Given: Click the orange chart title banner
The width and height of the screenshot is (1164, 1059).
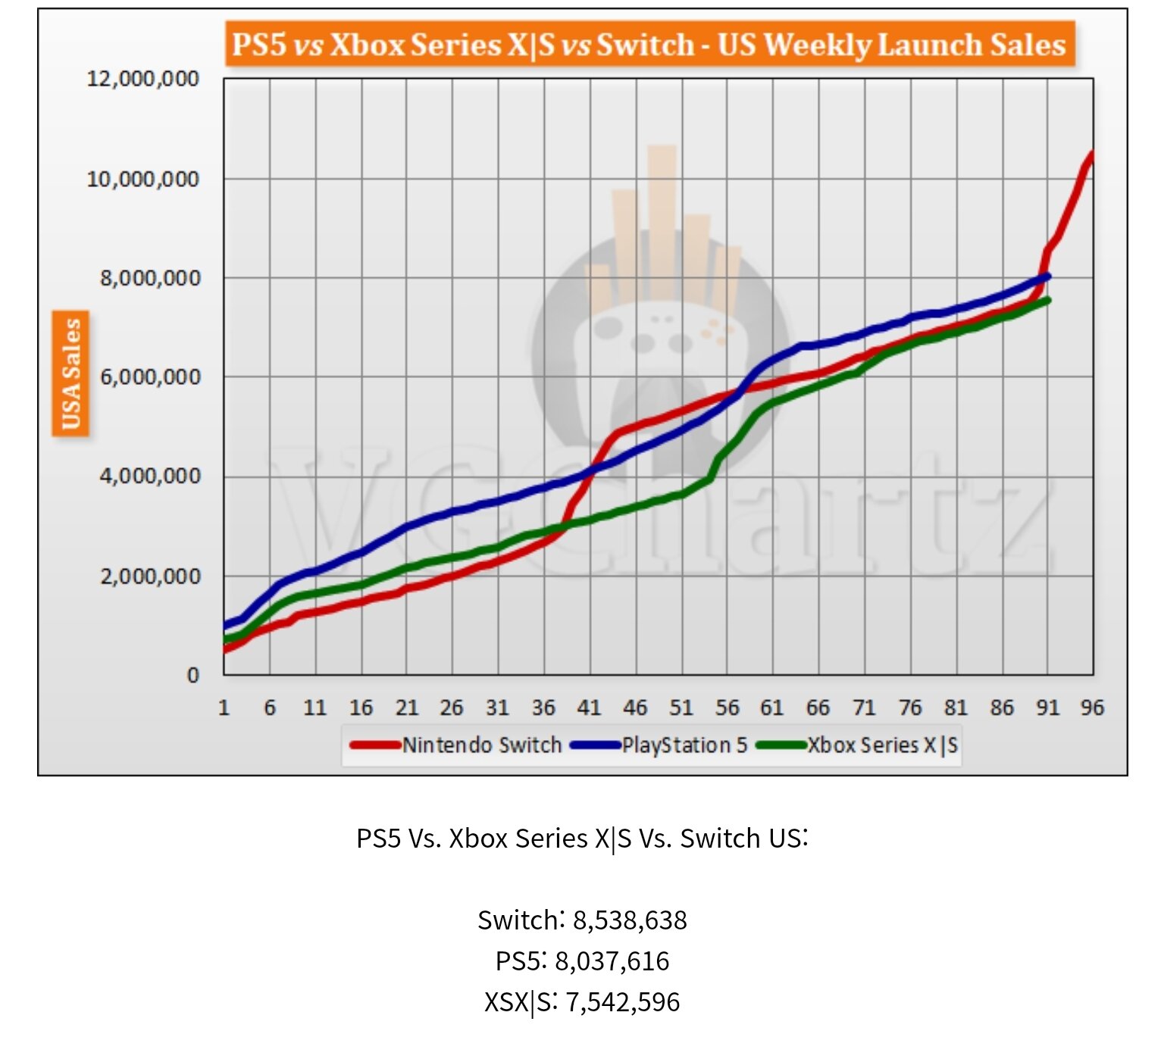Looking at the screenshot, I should (x=649, y=44).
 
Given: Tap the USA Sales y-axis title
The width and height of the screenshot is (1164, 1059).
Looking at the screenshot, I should (x=70, y=374).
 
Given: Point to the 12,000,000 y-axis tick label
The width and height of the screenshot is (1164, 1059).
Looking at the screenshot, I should (x=142, y=79).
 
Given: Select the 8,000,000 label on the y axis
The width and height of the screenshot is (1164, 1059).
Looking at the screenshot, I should (x=150, y=278).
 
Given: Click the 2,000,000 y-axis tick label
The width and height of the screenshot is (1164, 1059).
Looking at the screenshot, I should (x=150, y=576).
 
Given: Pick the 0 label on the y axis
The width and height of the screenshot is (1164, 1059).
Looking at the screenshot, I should (x=193, y=675).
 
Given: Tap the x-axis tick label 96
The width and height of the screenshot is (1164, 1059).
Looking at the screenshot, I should (x=1092, y=708).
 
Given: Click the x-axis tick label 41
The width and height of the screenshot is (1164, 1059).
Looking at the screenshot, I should (x=589, y=708).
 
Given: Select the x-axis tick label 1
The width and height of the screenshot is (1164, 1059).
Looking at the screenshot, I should (x=224, y=708).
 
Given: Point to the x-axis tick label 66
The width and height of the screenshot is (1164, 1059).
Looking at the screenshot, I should (x=818, y=708).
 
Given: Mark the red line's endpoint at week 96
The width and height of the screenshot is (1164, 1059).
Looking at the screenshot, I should (x=1092, y=155).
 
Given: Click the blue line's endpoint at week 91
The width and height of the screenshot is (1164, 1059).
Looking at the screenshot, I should (x=1048, y=276).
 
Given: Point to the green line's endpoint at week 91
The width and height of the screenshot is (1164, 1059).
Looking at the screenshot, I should (x=1048, y=301).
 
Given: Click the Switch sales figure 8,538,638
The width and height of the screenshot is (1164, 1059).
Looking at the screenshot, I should (x=630, y=920).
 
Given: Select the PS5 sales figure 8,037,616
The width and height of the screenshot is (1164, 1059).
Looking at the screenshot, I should (x=612, y=961).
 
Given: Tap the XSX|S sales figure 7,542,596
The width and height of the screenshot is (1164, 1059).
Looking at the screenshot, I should (x=622, y=1002).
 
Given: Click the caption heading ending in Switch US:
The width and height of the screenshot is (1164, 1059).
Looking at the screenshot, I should (x=582, y=839).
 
